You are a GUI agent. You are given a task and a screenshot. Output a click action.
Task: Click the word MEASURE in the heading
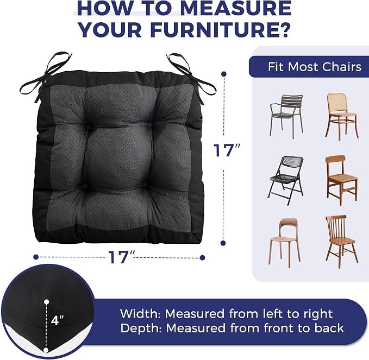236,9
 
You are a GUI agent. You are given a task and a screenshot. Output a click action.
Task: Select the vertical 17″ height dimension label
227,150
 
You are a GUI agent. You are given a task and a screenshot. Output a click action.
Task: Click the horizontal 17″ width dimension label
121,257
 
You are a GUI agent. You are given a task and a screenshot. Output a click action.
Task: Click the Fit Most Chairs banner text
315,67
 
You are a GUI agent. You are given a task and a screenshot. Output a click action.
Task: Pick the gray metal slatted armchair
286,116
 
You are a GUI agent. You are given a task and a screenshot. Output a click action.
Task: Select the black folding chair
286,180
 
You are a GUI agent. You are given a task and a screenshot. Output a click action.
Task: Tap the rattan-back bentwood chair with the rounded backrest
342,117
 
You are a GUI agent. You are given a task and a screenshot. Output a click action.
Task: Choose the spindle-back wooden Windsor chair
342,242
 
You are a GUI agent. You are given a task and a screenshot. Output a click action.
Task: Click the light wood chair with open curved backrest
285,243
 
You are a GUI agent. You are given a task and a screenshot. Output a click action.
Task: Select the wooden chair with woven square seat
342,180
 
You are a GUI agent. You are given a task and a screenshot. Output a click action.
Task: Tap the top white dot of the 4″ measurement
47,302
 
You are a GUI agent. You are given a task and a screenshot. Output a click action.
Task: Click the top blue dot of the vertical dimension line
224,74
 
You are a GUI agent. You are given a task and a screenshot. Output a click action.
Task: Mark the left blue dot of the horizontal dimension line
36,257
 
